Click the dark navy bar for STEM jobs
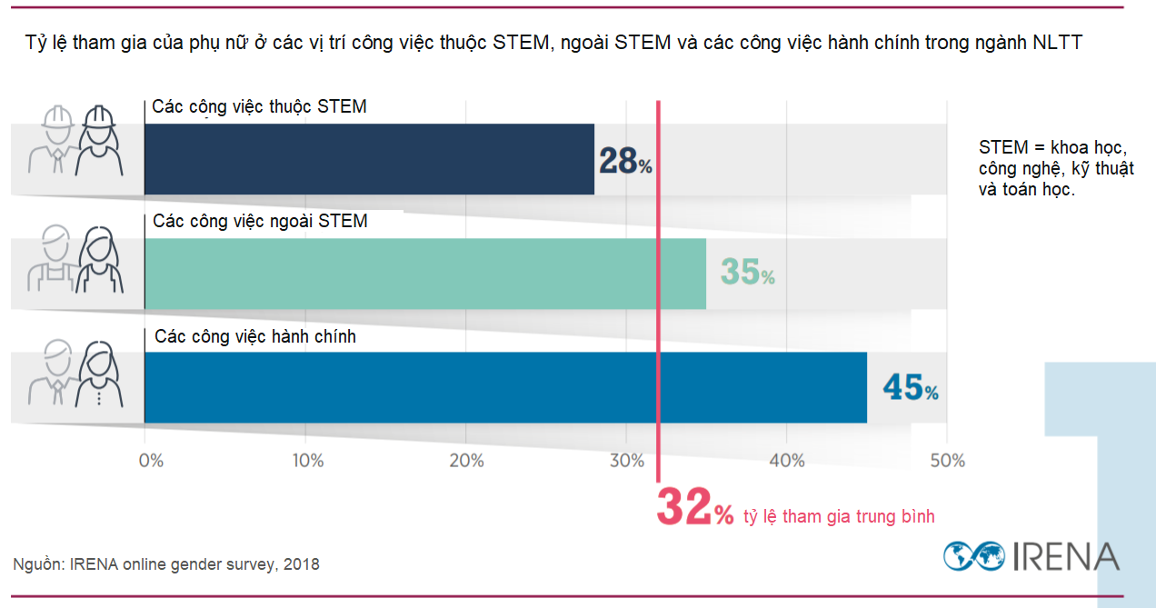coord(368,159)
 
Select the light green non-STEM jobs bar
coord(424,274)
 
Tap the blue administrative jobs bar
coord(504,387)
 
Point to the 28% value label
coord(624,161)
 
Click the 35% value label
coord(747,272)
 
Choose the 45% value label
coord(910,388)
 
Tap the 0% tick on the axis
coord(151,461)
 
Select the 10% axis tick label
coord(307,461)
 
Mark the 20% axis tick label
coord(466,461)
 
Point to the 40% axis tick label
coord(786,461)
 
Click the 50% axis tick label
coord(947,461)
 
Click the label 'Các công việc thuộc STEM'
coord(259,107)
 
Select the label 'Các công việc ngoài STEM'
coord(260,221)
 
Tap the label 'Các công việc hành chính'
coord(255,336)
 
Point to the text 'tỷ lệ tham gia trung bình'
coord(839,516)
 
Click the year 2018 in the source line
coord(300,564)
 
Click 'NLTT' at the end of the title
coord(1057,42)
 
